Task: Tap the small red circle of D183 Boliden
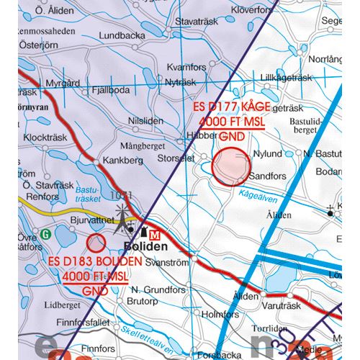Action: click(x=96, y=243)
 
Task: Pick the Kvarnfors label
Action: click(x=186, y=67)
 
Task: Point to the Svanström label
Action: click(x=167, y=264)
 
